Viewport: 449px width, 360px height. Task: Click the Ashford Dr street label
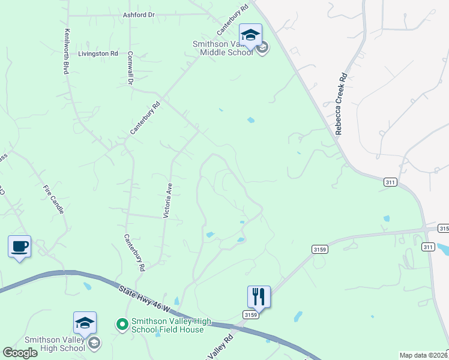tap(139, 14)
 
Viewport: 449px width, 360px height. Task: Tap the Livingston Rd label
tap(98, 53)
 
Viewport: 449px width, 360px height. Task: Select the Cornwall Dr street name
tap(130, 67)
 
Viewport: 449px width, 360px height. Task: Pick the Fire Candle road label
tap(52, 199)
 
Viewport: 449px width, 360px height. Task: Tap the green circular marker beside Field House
tap(122, 325)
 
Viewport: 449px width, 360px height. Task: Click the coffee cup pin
tap(20, 246)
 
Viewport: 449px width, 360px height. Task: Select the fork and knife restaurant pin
tap(259, 296)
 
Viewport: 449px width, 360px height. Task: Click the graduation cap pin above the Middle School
tap(250, 34)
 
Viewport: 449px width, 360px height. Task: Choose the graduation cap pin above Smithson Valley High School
tap(85, 323)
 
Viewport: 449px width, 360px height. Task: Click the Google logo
tap(20, 352)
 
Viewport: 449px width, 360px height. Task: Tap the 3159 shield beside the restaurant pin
tap(250, 314)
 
